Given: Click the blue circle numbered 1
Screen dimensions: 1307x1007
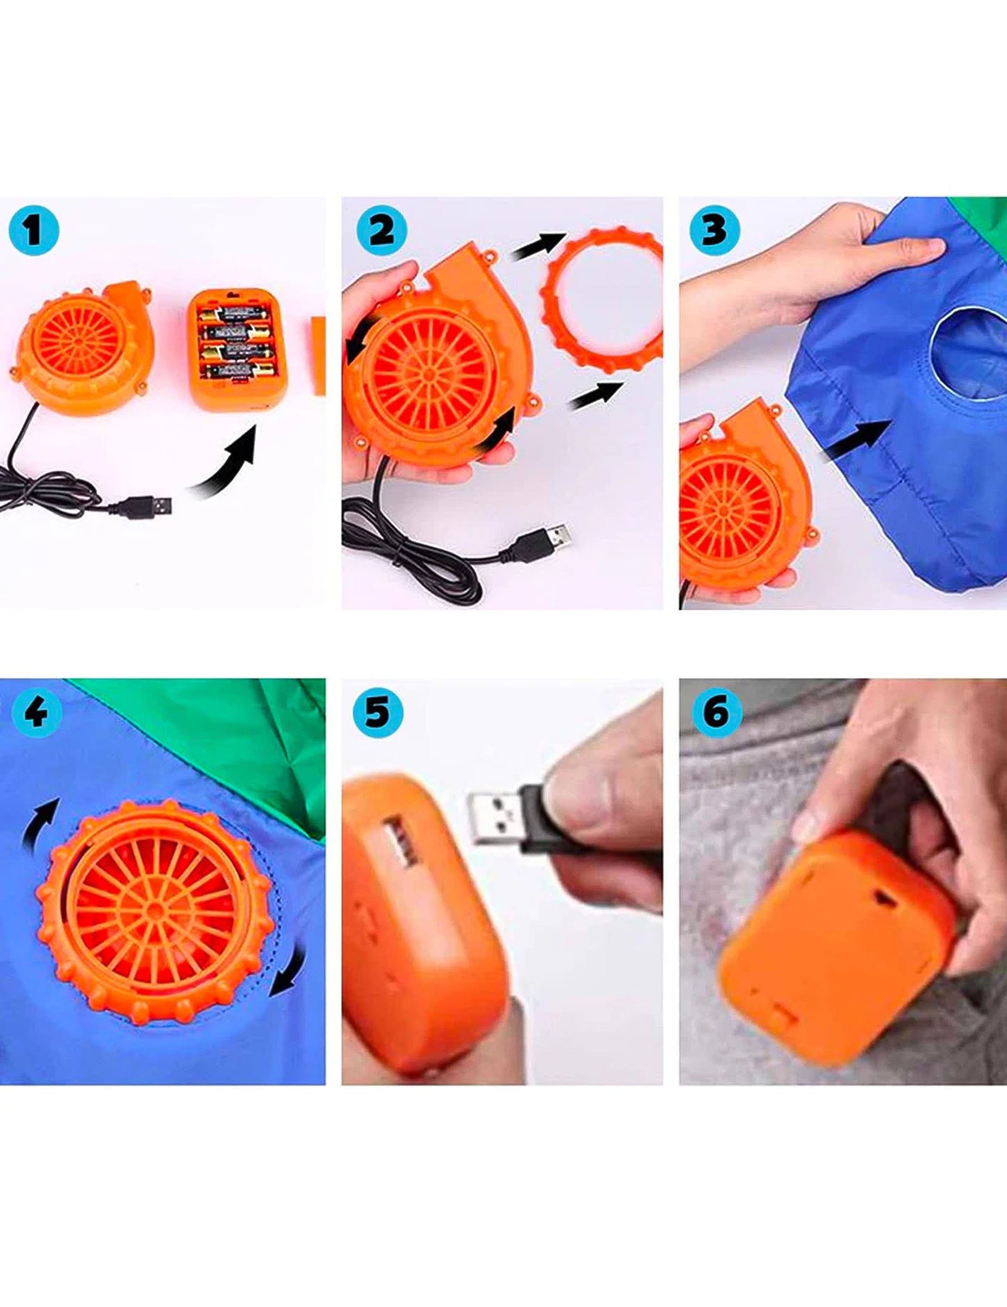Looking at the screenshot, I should pyautogui.click(x=33, y=229).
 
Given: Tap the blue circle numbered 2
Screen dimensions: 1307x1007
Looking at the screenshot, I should pyautogui.click(x=381, y=230).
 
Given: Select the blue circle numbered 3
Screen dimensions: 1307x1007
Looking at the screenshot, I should pyautogui.click(x=714, y=229).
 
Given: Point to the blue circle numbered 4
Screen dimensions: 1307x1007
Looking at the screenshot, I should pyautogui.click(x=34, y=712).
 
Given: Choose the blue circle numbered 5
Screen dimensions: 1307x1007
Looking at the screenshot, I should pyautogui.click(x=378, y=712).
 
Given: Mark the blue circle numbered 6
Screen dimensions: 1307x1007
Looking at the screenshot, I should pyautogui.click(x=716, y=712).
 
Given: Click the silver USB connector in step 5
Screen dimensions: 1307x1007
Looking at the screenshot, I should pyautogui.click(x=497, y=817).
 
